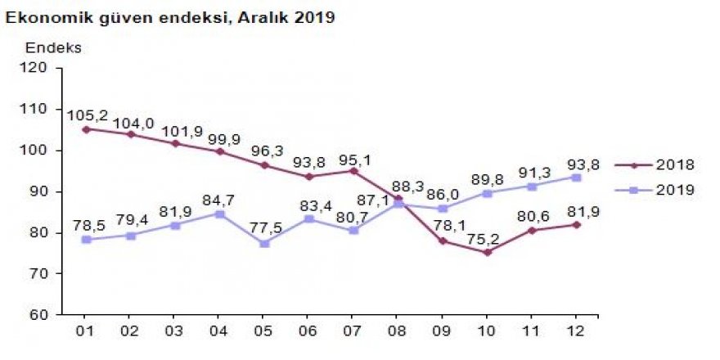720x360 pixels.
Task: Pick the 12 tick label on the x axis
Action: pyautogui.click(x=575, y=331)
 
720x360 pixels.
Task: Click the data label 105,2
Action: pyautogui.click(x=87, y=114)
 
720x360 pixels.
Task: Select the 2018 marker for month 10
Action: pyautogui.click(x=487, y=253)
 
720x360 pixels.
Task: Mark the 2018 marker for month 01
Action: pyautogui.click(x=87, y=129)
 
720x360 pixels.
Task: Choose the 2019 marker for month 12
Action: pyautogui.click(x=575, y=177)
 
